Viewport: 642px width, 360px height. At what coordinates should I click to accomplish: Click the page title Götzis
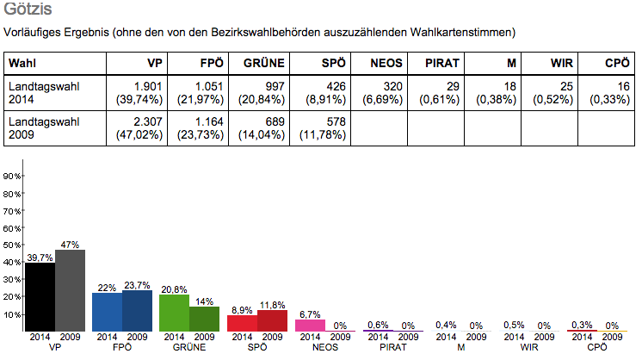click(27, 11)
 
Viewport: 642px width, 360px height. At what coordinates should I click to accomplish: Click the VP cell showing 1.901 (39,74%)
click(138, 93)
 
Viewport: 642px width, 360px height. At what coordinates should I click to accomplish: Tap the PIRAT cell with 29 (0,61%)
click(435, 93)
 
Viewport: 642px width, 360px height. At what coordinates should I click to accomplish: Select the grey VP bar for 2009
click(70, 290)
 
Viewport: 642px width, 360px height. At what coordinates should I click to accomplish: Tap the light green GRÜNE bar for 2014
click(174, 303)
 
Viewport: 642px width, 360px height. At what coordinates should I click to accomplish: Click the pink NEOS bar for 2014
click(310, 326)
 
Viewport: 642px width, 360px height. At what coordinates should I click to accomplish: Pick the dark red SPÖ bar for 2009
click(272, 320)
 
